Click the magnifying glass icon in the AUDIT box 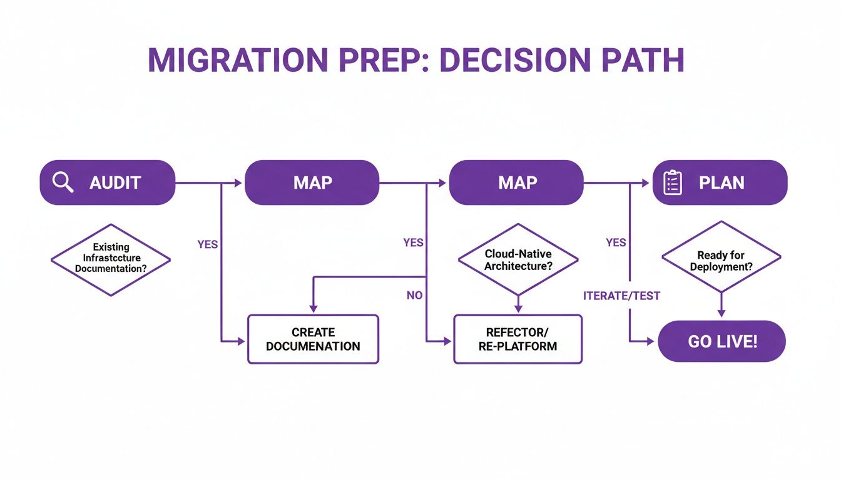pyautogui.click(x=63, y=182)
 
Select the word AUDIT pyautogui.click(x=115, y=182)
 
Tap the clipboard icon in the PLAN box pyautogui.click(x=672, y=182)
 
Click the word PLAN pyautogui.click(x=721, y=182)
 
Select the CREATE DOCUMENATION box pyautogui.click(x=313, y=339)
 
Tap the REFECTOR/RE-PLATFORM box pyautogui.click(x=517, y=339)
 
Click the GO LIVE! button pyautogui.click(x=721, y=341)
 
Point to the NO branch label pyautogui.click(x=414, y=295)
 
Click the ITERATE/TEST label pyautogui.click(x=621, y=296)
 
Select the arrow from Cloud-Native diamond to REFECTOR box pyautogui.click(x=518, y=304)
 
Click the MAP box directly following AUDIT pyautogui.click(x=312, y=182)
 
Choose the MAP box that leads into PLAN pyautogui.click(x=517, y=182)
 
